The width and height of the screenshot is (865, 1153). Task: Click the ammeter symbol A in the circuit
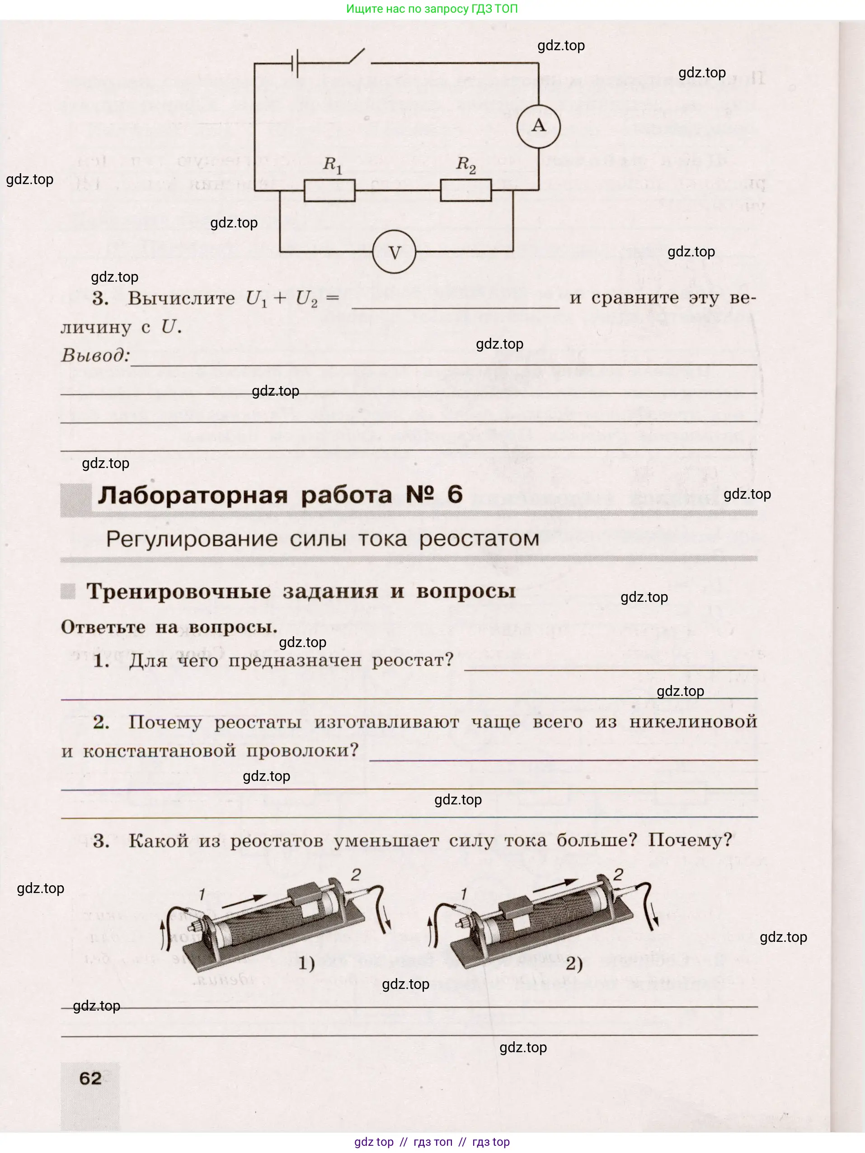[x=538, y=126]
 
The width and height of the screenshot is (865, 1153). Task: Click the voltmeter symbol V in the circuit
[x=395, y=253]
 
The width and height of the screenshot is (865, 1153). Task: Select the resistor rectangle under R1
[x=329, y=190]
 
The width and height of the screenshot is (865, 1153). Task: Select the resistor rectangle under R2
[x=465, y=190]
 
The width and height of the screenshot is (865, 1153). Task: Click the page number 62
[x=90, y=1078]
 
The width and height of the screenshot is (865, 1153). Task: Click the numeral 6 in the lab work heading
[x=454, y=494]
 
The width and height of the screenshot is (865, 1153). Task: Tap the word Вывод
[x=95, y=355]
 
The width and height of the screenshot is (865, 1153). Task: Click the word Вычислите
[x=181, y=298]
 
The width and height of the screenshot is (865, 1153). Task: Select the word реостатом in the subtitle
[x=479, y=539]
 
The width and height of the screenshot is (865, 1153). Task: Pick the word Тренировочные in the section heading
[x=178, y=591]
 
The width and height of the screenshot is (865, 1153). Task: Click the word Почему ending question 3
[x=689, y=840]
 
